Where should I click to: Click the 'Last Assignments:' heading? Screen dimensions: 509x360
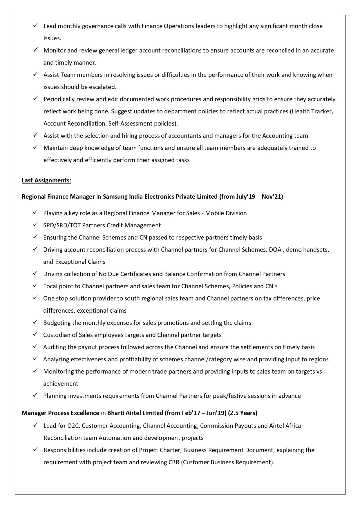(46, 180)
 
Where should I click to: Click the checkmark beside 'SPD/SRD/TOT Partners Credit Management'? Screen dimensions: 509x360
(35, 225)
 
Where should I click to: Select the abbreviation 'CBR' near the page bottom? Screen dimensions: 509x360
(174, 462)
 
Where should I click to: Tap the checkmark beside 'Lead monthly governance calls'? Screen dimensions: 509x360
(35, 26)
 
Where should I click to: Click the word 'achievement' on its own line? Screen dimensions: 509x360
(61, 384)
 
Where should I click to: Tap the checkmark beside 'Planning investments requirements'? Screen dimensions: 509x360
(35, 396)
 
